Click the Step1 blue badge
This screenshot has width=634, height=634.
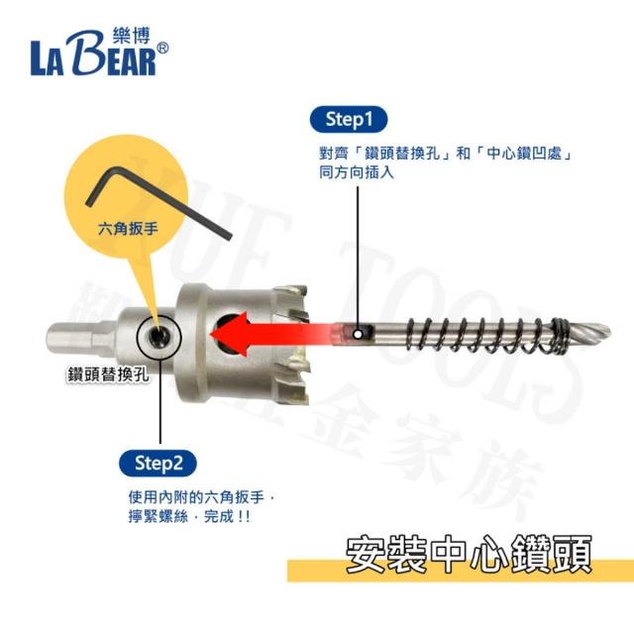348,119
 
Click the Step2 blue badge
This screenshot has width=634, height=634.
158,464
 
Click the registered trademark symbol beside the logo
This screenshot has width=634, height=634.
162,49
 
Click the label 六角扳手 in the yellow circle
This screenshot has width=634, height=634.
128,229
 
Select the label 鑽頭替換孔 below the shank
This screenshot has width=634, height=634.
108,374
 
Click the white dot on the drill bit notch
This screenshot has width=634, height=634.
358,334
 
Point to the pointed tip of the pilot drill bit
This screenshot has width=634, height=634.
609,331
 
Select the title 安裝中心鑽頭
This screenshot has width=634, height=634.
469,554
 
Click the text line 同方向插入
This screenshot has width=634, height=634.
357,172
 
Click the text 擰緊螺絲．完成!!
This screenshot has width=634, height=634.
189,516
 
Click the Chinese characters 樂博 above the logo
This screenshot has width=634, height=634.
132,36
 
